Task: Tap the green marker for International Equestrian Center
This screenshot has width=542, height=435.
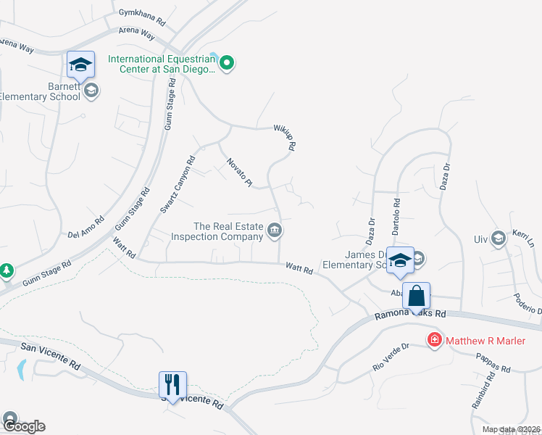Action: point(227,64)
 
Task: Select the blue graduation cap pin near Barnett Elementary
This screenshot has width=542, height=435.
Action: point(80,65)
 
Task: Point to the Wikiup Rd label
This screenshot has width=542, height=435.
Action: point(285,137)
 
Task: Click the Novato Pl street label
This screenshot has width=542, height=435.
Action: point(238,173)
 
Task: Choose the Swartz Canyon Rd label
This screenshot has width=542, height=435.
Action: point(178,185)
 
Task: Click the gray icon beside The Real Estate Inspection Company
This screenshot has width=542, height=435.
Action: point(275,231)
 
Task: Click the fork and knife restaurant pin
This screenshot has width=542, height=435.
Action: point(172,384)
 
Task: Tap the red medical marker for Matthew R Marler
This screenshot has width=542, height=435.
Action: point(434,339)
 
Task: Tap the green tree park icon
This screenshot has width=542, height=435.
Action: point(7,270)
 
